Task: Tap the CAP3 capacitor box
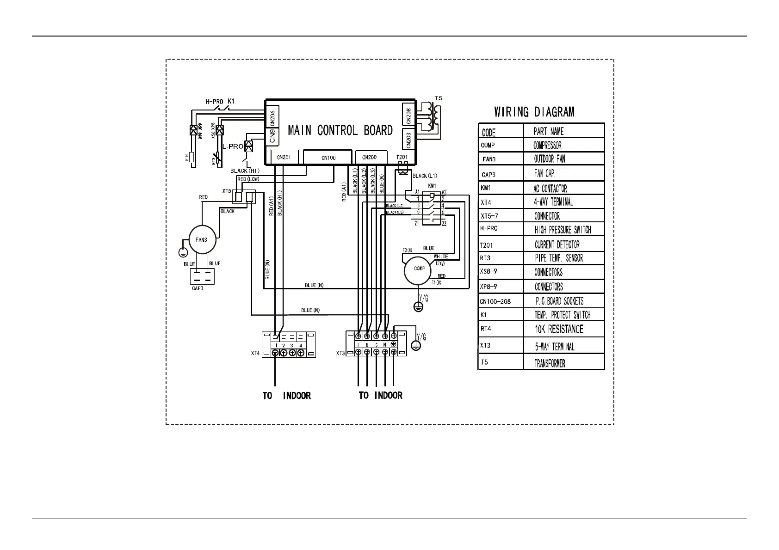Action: coord(202,276)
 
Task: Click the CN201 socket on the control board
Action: coord(284,158)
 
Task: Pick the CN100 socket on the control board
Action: coord(328,158)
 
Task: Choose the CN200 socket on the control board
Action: coord(369,157)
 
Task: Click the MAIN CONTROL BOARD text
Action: coord(340,131)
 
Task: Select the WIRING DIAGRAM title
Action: coord(534,112)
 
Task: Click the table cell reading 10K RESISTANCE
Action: coord(559,330)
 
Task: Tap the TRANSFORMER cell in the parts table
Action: coord(550,363)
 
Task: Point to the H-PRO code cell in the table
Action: coord(489,229)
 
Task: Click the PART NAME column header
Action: coord(549,132)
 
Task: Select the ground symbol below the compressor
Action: coord(419,306)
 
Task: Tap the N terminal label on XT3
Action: coord(384,345)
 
